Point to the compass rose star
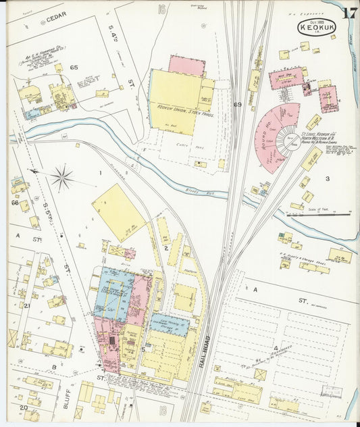coord(61,178)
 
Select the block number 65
coord(74,68)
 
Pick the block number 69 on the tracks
coord(237,105)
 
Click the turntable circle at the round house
coord(292,141)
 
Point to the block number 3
coord(326,178)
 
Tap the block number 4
coord(275,348)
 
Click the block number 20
coord(22,407)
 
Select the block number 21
coord(27,305)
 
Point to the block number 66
coord(14,202)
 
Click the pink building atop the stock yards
coord(186,66)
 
